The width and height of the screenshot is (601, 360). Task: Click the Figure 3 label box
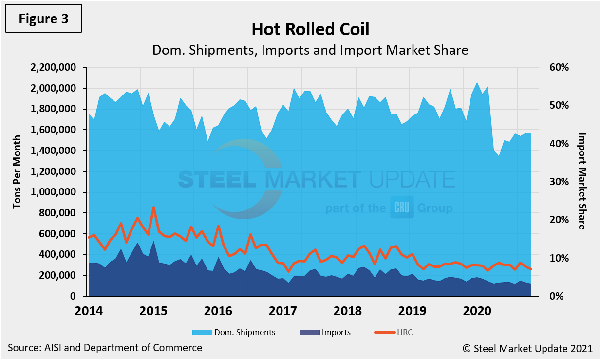click(x=43, y=19)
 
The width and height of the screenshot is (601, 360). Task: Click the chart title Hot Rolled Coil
click(x=310, y=29)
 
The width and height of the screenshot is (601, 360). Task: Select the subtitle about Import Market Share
click(x=310, y=50)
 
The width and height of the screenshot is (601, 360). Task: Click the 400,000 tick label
click(x=58, y=255)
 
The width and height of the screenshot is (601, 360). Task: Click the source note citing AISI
click(x=105, y=348)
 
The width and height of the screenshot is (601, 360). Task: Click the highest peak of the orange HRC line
click(x=154, y=208)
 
